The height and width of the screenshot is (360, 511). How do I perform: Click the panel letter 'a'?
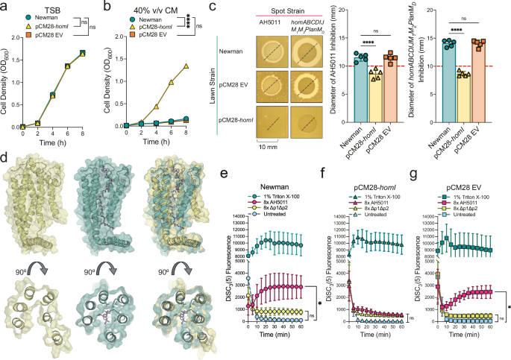(6, 7)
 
